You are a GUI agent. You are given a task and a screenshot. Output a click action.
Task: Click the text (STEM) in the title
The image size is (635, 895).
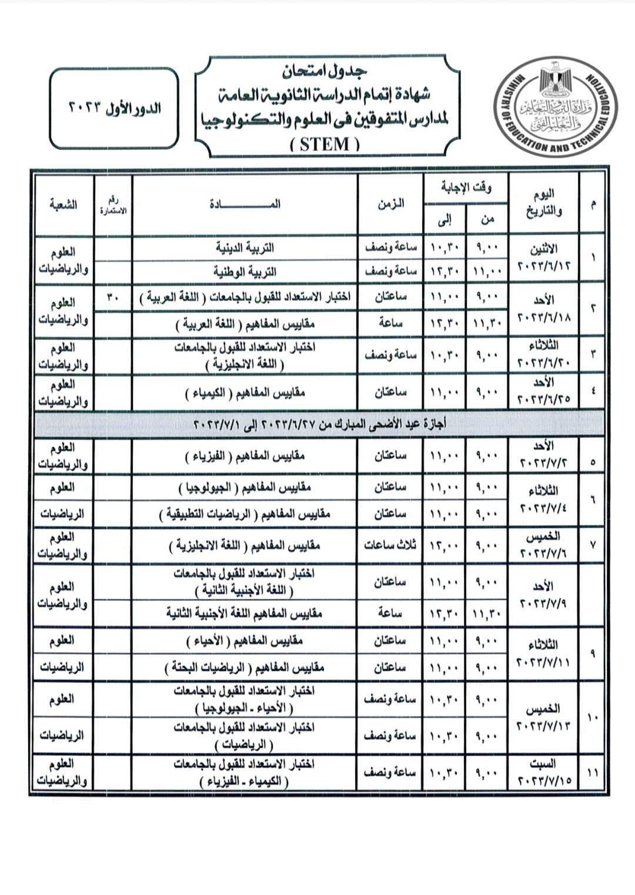pyautogui.click(x=325, y=145)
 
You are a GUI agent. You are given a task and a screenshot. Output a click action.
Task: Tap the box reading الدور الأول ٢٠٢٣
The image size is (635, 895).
pyautogui.click(x=114, y=109)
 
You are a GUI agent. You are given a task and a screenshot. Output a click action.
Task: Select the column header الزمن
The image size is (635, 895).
pyautogui.click(x=390, y=204)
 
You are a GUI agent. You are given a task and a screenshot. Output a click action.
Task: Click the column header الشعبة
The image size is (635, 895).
pyautogui.click(x=63, y=205)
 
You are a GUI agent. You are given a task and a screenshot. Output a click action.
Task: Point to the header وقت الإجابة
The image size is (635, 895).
pyautogui.click(x=466, y=188)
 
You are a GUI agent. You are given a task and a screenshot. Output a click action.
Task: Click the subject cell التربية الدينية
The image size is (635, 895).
pyautogui.click(x=245, y=247)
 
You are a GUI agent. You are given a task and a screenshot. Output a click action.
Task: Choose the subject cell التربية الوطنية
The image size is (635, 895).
pyautogui.click(x=245, y=271)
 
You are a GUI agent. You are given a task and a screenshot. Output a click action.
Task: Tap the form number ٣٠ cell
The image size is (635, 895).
pyautogui.click(x=113, y=297)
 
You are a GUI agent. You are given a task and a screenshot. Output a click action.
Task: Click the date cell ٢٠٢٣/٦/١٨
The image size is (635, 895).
pyautogui.click(x=543, y=309)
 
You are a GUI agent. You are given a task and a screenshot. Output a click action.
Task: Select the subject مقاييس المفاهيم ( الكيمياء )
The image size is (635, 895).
pyautogui.click(x=245, y=392)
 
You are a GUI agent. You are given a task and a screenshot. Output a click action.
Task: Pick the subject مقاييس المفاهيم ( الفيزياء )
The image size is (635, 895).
pyautogui.click(x=245, y=455)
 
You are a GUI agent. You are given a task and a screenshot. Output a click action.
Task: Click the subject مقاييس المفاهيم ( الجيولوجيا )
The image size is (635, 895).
pyautogui.click(x=245, y=487)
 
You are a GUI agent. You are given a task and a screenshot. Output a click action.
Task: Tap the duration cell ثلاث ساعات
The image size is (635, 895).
pyautogui.click(x=390, y=545)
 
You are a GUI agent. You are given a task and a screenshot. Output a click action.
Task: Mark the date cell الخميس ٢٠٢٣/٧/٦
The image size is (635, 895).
pyautogui.click(x=543, y=545)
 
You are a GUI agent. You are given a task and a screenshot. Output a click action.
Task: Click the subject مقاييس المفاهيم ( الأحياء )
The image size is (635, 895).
pyautogui.click(x=245, y=641)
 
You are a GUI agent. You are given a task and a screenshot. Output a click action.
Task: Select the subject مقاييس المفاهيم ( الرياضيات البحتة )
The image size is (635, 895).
pyautogui.click(x=245, y=668)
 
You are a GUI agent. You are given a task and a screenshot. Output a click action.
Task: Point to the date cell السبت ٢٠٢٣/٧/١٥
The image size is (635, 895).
pyautogui.click(x=543, y=772)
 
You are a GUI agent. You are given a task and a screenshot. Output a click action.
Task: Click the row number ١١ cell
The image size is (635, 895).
pyautogui.click(x=592, y=772)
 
